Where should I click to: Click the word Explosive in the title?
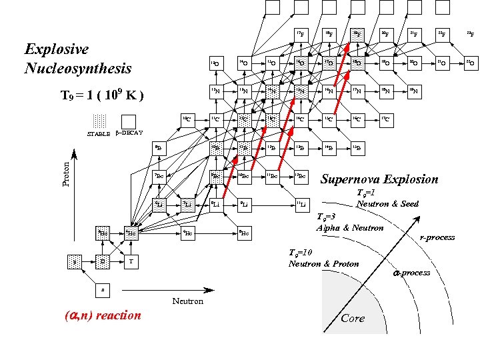click(57, 49)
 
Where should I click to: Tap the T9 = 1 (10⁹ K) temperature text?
click(102, 95)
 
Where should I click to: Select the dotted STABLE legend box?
click(99, 121)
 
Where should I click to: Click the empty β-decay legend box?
click(129, 121)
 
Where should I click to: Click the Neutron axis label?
click(187, 301)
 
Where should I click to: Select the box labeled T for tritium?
click(131, 261)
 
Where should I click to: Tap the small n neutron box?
click(102, 290)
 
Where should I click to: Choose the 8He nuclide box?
click(245, 233)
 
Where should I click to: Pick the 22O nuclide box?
click(469, 63)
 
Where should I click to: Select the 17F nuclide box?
click(302, 33)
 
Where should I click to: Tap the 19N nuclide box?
click(414, 91)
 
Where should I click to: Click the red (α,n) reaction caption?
click(102, 315)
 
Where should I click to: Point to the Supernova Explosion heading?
click(379, 179)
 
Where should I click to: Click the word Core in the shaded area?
click(353, 318)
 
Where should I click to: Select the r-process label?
click(437, 237)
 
